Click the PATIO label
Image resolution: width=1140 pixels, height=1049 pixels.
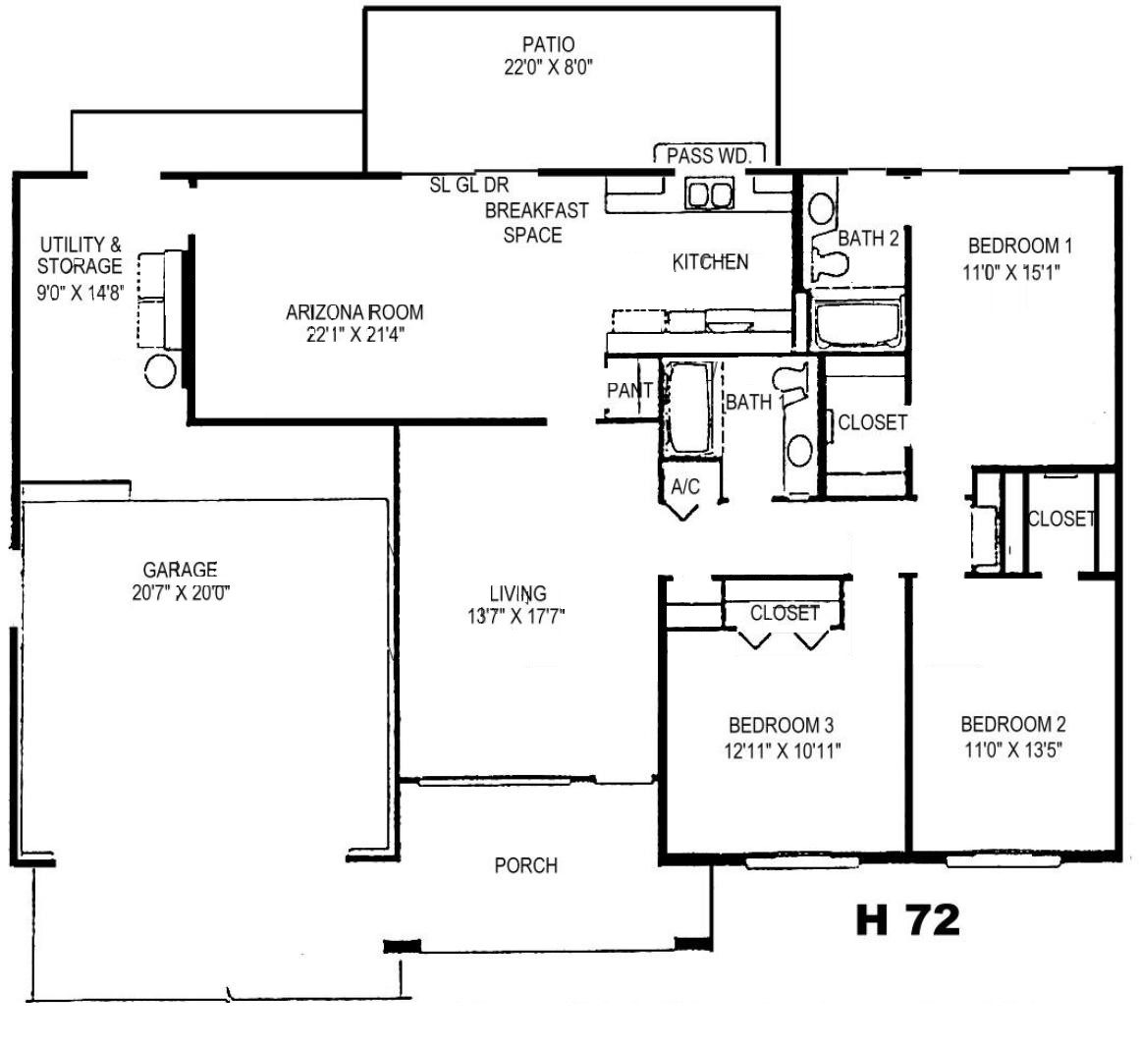(549, 44)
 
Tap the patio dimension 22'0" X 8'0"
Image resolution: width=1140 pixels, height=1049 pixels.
(549, 68)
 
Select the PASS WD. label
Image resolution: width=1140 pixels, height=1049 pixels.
(709, 155)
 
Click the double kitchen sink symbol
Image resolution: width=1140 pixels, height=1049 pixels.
(710, 194)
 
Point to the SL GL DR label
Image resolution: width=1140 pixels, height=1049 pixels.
(469, 185)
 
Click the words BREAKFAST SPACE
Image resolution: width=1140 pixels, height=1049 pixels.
(536, 223)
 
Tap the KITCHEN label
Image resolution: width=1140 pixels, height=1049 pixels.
(710, 262)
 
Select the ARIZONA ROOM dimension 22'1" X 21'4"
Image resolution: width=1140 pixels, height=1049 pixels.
(355, 335)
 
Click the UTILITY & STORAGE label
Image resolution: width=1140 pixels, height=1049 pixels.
(80, 255)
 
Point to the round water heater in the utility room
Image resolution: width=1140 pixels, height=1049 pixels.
(160, 372)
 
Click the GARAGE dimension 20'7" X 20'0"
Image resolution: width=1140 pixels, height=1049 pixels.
(181, 593)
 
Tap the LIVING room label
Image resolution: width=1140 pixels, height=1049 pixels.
(517, 593)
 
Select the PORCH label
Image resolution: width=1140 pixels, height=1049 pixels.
(526, 865)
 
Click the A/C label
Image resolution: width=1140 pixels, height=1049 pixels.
(684, 486)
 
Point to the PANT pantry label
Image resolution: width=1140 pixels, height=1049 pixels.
(629, 391)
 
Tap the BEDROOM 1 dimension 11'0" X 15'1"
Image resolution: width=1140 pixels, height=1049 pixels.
(1011, 273)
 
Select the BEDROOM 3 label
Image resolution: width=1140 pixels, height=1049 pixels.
(782, 725)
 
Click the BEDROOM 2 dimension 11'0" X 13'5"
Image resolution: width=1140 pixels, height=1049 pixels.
(1013, 749)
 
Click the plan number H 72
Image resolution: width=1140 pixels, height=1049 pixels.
(908, 919)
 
